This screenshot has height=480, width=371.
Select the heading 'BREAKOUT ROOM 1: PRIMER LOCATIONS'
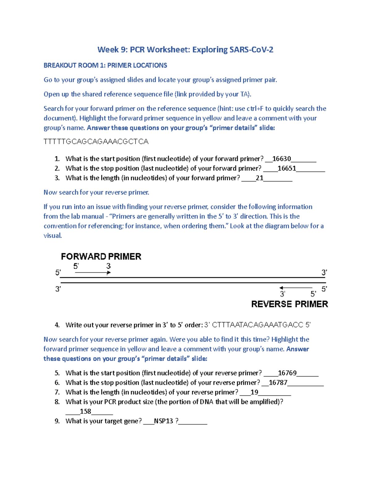tap(105, 66)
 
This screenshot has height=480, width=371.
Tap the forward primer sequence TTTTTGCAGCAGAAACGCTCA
tap(96, 142)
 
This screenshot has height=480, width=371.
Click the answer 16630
tap(281, 159)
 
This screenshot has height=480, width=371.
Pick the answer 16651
tap(287, 168)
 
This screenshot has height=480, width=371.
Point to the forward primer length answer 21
tap(259, 178)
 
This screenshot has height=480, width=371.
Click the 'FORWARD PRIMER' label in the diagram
tap(101, 257)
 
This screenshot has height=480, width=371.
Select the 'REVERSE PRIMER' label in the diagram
tap(289, 304)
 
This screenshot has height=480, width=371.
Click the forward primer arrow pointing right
tap(93, 273)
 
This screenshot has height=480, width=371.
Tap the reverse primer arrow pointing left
tap(296, 288)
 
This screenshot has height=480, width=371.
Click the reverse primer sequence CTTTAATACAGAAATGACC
tap(258, 325)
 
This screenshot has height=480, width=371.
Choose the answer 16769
tap(287, 373)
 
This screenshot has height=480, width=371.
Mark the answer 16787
tap(278, 383)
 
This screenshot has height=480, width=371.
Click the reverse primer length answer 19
tap(254, 392)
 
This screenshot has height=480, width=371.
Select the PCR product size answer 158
tap(85, 411)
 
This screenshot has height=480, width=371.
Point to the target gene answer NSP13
tap(164, 421)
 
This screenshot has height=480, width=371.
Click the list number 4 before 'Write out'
tap(57, 325)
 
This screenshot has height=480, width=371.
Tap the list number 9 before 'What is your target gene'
tap(57, 421)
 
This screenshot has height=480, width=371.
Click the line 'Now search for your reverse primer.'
tap(96, 193)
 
